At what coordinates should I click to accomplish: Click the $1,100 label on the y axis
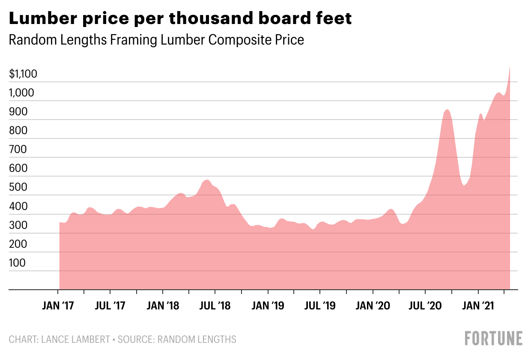point(23,75)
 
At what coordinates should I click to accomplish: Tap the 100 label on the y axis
point(17,263)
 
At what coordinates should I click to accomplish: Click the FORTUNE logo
point(493,338)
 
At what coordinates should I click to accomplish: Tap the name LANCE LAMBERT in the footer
point(75,339)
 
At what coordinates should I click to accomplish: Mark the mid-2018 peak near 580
point(207,180)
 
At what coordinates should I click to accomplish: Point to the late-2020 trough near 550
point(464,186)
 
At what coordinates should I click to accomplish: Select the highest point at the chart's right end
point(510,66)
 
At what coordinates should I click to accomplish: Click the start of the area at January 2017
point(60,222)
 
